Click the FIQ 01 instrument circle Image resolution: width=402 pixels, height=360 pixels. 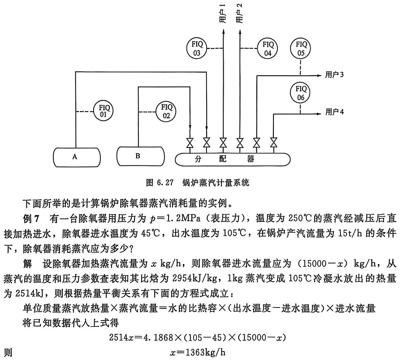(103, 110)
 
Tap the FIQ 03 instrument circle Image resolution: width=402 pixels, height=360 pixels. (196, 48)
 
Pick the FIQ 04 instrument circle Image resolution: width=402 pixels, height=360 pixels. (268, 48)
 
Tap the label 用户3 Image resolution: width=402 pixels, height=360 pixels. (334, 75)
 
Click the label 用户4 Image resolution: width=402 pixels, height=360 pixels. (334, 113)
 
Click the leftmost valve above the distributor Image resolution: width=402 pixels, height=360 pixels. (190, 143)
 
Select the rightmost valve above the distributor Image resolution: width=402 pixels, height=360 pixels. (273, 143)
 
